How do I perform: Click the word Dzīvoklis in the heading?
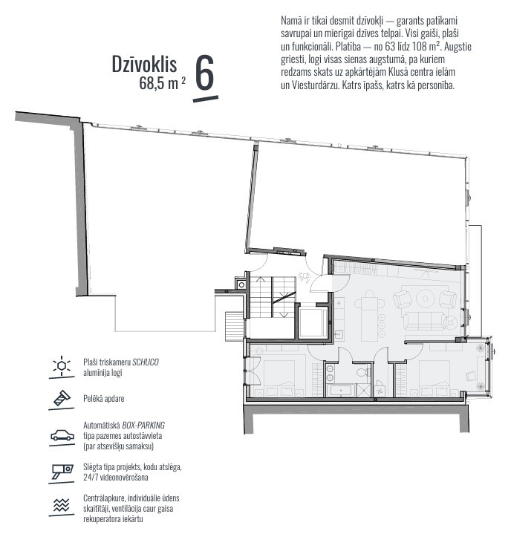click(x=144, y=65)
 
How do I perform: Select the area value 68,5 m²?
click(x=163, y=83)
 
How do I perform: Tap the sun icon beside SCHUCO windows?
click(x=62, y=365)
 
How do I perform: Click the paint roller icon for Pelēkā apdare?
click(x=62, y=398)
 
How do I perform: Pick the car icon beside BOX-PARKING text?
click(x=62, y=435)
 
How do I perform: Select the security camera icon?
click(x=62, y=472)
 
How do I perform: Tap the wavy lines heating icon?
click(x=62, y=505)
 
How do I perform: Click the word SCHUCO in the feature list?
click(x=146, y=362)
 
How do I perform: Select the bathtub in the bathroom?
click(x=341, y=390)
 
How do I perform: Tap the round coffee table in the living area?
click(x=425, y=299)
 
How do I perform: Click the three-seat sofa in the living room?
click(x=424, y=321)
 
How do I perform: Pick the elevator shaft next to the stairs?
click(x=313, y=322)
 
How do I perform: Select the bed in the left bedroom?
click(x=279, y=378)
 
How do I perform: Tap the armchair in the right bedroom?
click(x=472, y=375)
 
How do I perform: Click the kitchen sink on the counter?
click(x=339, y=334)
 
